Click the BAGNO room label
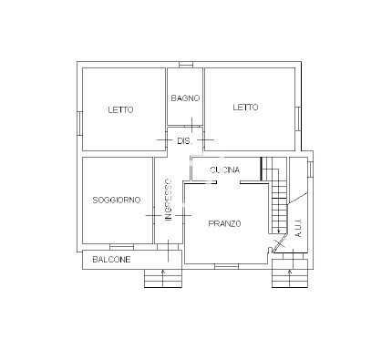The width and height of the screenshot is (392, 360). coord(185,98)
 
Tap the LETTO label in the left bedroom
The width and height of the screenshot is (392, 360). coord(120,109)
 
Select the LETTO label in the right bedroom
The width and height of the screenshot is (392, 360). coord(245,108)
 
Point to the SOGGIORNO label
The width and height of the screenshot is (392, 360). coord(117,200)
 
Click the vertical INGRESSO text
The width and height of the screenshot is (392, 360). coord(169,200)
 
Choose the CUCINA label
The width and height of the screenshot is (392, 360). coord(224,170)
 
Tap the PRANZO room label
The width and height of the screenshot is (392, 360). coord(224,224)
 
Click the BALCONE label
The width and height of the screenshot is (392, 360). coord(111,260)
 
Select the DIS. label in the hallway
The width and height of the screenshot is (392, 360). coord(185,141)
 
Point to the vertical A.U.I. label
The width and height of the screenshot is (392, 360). coord(298,227)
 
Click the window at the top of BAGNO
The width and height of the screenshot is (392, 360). coord(186,65)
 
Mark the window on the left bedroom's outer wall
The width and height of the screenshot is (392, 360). coord(79,123)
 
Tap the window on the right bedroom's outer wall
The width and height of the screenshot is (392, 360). coord(298,118)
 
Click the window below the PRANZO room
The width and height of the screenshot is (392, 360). coord(227,266)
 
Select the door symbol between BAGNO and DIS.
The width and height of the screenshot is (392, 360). coord(191,125)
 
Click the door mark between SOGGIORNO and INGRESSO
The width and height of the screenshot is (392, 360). coord(153,215)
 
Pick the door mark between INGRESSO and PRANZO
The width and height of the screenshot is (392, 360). coord(183,215)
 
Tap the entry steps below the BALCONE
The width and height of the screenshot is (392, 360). coord(163,278)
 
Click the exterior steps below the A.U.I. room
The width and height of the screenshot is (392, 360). coord(290,273)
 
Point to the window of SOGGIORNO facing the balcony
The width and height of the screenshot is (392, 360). coord(121,247)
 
